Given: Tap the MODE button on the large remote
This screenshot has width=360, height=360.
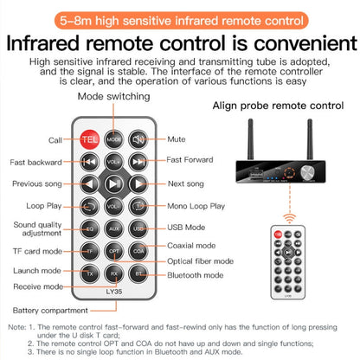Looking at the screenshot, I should click(x=113, y=138).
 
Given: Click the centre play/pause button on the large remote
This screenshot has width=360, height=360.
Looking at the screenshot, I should click(x=113, y=183).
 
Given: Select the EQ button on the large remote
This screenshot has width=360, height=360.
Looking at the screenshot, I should click(x=89, y=228).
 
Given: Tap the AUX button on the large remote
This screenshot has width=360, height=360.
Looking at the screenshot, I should click(x=113, y=228).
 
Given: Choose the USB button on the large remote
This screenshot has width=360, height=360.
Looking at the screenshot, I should click(x=138, y=228).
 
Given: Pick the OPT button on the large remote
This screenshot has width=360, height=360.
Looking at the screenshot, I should click(x=113, y=250).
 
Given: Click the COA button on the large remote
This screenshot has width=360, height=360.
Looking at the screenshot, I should click(x=138, y=250).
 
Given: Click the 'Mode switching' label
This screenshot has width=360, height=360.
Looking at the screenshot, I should click(x=113, y=98).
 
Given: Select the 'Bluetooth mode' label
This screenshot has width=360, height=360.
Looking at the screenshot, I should click(x=196, y=274).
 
